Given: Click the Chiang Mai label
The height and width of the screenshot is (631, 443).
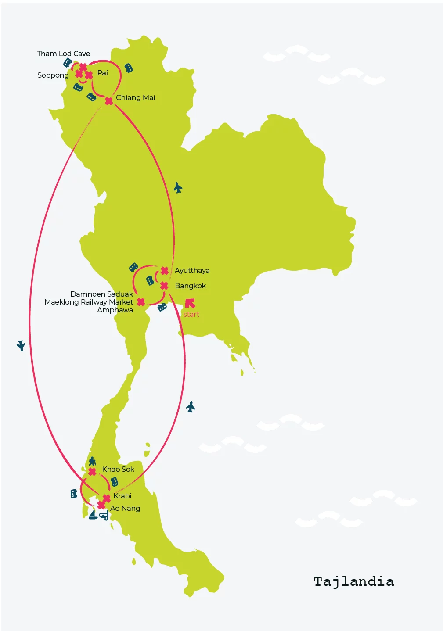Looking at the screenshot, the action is (136, 98).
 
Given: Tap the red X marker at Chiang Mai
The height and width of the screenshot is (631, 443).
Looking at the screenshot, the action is (109, 101).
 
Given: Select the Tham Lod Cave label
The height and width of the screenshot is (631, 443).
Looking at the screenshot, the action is (63, 54).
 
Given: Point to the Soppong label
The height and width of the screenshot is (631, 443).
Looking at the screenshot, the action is (53, 75).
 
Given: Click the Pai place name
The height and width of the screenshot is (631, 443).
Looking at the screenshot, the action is (103, 73).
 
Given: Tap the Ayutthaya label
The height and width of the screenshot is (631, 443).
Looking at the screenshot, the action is (192, 271).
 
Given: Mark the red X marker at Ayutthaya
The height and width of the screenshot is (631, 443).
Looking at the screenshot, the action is (165, 271).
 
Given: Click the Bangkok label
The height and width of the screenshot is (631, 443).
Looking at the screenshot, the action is (190, 286).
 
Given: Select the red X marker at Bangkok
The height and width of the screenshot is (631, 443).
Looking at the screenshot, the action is (164, 286).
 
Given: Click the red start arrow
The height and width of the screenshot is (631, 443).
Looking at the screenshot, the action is (190, 303).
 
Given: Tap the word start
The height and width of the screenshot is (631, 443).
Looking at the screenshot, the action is (191, 314).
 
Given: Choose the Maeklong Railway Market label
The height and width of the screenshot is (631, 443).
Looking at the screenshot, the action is (89, 302).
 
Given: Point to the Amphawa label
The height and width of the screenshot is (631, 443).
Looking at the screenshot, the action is (115, 310).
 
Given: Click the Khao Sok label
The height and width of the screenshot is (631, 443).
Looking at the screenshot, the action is (118, 469).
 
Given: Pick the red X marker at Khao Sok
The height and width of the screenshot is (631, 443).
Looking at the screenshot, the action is (92, 472).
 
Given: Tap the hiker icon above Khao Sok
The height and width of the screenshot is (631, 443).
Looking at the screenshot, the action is (92, 461).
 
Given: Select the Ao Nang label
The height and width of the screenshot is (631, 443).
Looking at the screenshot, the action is (125, 508).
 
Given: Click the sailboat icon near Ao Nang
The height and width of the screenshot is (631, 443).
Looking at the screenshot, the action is (93, 515).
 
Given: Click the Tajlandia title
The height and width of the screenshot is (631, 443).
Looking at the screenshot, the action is (354, 582).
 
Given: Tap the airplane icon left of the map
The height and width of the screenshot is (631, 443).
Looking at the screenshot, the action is (21, 345).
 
